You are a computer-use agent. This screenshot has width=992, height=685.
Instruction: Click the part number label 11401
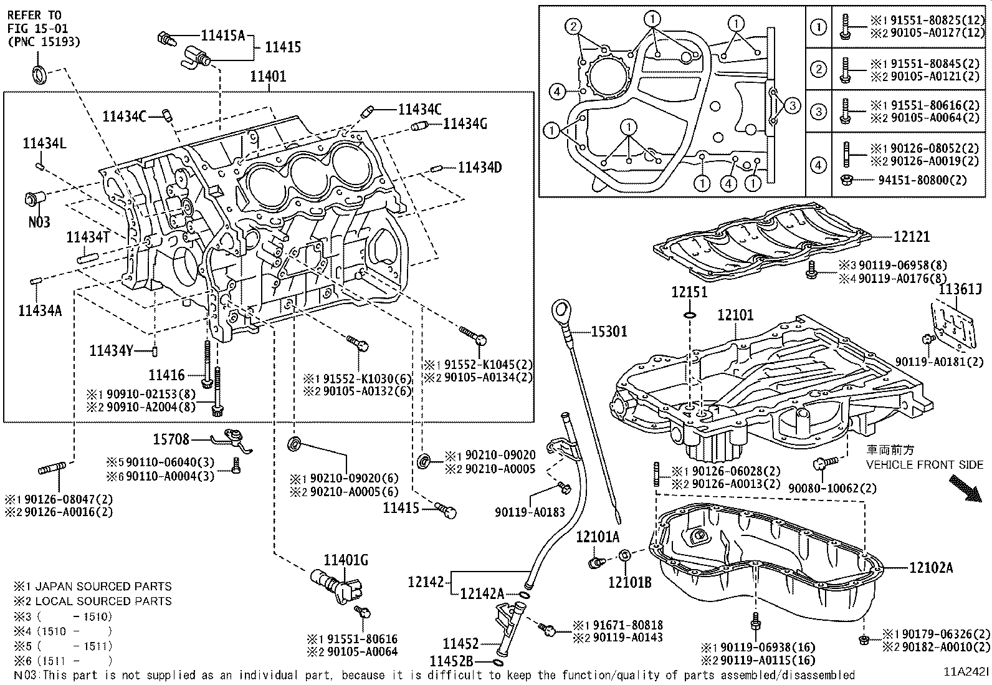tap(268, 77)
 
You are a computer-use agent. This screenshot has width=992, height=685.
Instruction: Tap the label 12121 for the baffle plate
tap(911, 237)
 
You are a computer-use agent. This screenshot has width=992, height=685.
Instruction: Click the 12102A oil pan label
tap(930, 568)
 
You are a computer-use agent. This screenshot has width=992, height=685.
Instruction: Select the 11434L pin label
tap(44, 144)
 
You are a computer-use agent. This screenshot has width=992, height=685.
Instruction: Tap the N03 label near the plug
tap(39, 222)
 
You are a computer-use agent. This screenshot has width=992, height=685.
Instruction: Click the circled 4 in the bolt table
tap(818, 165)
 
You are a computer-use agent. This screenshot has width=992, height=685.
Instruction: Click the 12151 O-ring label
tap(689, 292)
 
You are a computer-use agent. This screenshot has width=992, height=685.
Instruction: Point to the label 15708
tap(171, 439)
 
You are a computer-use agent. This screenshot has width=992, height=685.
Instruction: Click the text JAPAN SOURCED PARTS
tap(103, 587)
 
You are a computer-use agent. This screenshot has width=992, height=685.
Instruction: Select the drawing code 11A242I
tap(965, 674)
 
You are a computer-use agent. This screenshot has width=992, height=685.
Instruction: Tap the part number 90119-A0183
tap(530, 512)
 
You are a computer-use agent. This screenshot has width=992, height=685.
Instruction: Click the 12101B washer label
tap(630, 582)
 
